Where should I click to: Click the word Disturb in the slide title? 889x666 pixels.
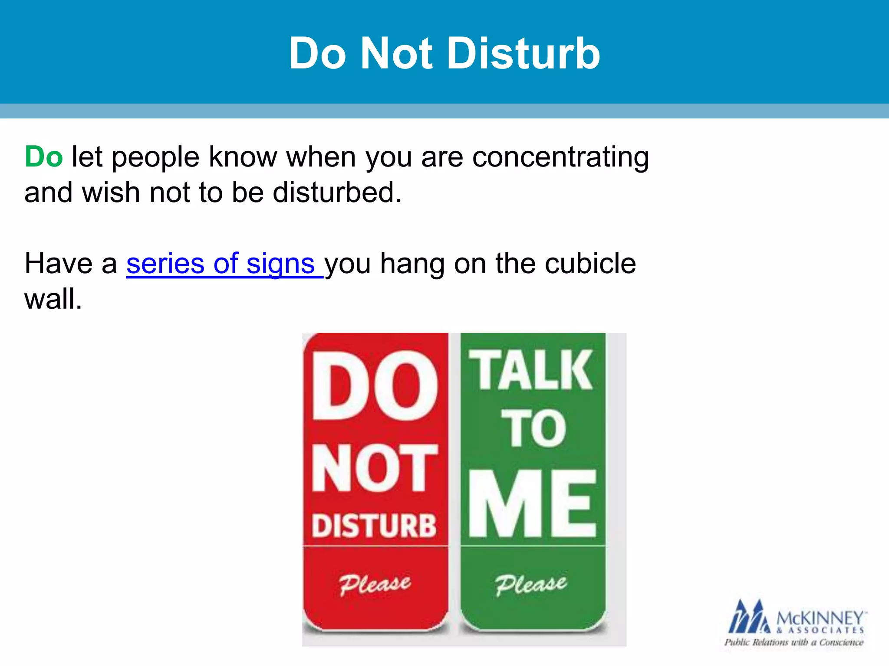[x=524, y=53]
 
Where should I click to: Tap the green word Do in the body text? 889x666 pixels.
[x=44, y=157]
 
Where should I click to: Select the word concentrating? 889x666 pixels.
[x=560, y=157]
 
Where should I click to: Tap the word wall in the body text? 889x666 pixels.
[x=53, y=299]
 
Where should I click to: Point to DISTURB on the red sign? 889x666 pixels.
[x=374, y=526]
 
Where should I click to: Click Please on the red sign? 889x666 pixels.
[x=375, y=584]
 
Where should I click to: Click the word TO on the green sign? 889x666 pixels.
[x=534, y=428]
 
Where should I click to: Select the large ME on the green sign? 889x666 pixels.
[x=533, y=504]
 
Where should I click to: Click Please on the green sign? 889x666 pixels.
[x=531, y=584]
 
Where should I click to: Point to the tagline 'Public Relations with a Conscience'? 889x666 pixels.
[x=794, y=643]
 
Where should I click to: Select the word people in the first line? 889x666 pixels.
[x=155, y=157]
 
